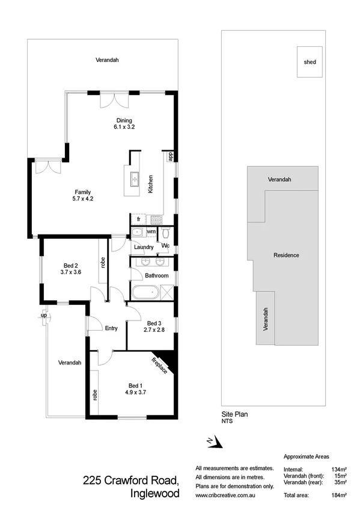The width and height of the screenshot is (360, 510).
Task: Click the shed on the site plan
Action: click(310, 61)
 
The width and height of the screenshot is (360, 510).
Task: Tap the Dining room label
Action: click(124, 120)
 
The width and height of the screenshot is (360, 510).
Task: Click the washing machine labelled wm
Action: click(151, 232)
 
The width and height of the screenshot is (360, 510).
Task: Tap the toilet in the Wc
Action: click(167, 233)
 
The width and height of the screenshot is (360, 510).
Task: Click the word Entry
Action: click(111, 328)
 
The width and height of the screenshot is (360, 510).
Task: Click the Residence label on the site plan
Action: click(286, 255)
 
